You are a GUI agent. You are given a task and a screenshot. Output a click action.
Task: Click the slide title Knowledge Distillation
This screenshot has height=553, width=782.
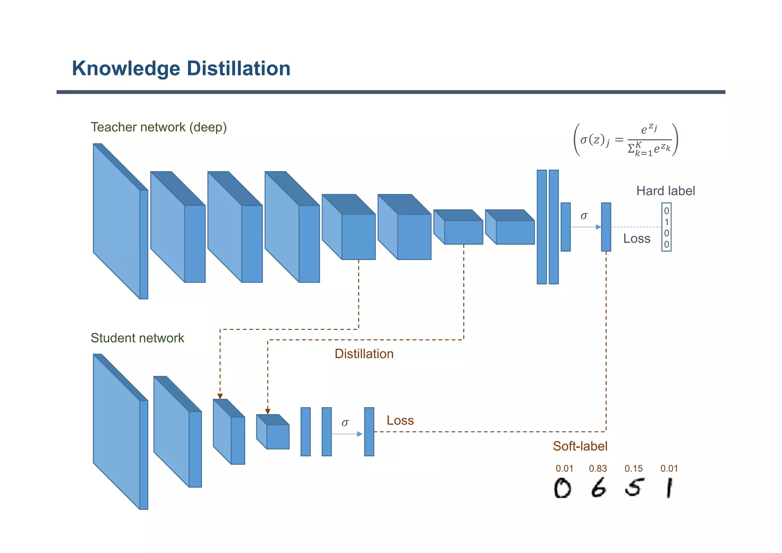point(181,69)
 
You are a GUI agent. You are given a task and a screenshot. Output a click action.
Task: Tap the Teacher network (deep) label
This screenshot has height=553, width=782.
point(158,127)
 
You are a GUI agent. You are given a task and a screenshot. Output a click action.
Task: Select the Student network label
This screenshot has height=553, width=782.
point(137,338)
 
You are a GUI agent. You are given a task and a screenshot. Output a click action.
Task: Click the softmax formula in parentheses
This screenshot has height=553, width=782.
point(625,140)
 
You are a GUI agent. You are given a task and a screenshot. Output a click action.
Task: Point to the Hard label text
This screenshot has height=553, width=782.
point(665,191)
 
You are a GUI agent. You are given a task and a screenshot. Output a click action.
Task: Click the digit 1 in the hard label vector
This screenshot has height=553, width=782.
point(666,222)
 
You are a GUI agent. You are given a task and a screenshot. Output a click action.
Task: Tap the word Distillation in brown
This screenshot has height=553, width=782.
point(364,354)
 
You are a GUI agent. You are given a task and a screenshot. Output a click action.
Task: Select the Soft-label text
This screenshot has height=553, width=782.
point(580,446)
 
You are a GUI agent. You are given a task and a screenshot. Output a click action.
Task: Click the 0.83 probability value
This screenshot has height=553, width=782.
point(598,469)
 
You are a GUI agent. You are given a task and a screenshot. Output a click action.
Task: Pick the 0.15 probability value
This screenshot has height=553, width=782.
point(633,469)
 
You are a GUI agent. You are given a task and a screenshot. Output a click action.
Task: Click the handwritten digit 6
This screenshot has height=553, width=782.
point(598,488)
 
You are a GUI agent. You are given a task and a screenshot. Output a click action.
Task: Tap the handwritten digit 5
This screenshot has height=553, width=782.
point(634,487)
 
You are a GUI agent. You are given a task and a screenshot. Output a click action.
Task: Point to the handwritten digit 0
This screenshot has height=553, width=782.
point(562,488)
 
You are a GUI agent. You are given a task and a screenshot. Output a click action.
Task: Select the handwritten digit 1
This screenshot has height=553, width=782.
point(669,488)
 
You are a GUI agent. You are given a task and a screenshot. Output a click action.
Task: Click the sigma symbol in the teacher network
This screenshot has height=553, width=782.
point(583,216)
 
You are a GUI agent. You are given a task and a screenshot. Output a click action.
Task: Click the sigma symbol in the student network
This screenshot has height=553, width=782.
point(345,422)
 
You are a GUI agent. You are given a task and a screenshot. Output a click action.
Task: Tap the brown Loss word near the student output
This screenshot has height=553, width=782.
point(400,420)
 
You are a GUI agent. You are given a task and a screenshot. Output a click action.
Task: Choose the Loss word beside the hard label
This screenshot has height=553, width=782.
point(637,239)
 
